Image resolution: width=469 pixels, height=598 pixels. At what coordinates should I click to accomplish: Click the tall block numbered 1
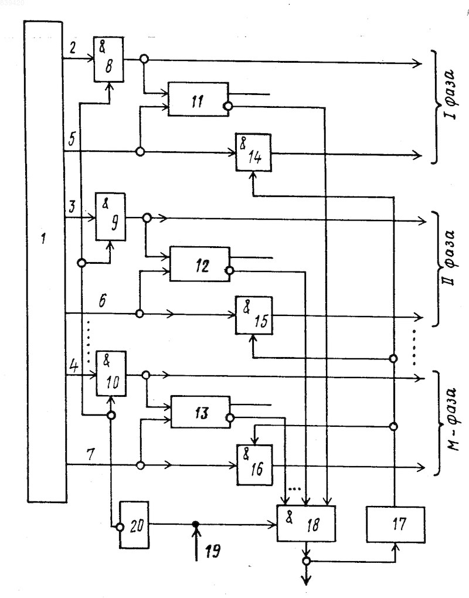(x=45, y=261)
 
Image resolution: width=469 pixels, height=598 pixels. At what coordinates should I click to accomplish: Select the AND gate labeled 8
(x=108, y=59)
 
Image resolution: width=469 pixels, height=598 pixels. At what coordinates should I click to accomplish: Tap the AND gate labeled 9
(x=110, y=217)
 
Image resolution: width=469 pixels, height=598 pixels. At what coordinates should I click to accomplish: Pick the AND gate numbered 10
(x=111, y=373)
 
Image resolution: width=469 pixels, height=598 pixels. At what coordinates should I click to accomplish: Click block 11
(x=199, y=98)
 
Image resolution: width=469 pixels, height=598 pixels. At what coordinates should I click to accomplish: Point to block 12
(x=200, y=264)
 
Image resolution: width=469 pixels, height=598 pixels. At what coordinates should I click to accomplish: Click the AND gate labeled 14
(x=254, y=152)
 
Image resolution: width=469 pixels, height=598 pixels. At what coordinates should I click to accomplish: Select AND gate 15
(x=254, y=315)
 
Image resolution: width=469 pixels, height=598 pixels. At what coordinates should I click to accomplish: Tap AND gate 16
(x=255, y=465)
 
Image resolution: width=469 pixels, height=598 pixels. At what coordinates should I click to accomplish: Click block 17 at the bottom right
(x=396, y=524)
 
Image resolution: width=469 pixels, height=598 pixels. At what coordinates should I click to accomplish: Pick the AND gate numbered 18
(x=306, y=523)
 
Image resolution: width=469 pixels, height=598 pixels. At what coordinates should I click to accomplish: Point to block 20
(x=135, y=525)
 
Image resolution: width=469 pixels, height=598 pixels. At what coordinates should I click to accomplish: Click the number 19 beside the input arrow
(x=213, y=551)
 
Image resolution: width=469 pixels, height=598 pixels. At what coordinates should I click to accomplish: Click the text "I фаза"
(x=451, y=93)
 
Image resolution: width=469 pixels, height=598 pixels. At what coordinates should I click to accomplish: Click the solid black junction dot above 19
(x=196, y=524)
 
